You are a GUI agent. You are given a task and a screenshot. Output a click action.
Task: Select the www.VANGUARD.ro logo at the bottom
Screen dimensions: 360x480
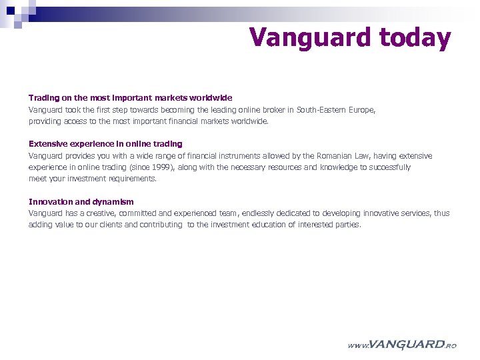[x=402, y=345]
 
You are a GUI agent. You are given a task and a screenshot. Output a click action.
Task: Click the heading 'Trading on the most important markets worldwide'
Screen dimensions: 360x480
[x=130, y=97]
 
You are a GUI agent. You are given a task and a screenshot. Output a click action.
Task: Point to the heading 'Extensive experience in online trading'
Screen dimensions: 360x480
[x=105, y=144]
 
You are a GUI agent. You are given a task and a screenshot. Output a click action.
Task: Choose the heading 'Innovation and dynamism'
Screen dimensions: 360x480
[x=81, y=201]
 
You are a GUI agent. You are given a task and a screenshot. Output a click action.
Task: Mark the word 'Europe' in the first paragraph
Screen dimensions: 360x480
[x=361, y=109]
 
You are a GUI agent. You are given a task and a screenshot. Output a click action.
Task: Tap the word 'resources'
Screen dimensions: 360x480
[x=282, y=167]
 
